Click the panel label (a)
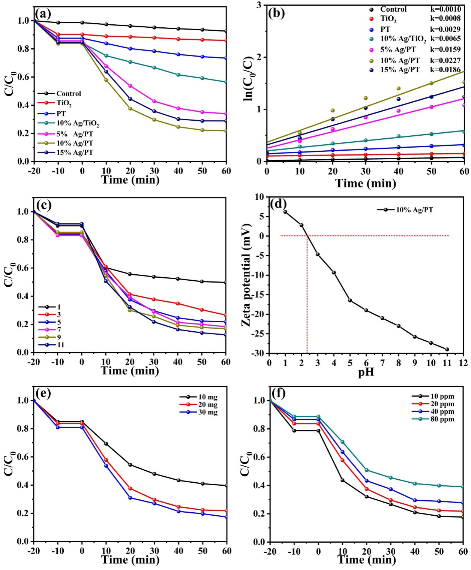click(x=43, y=14)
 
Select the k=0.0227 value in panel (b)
click(x=445, y=60)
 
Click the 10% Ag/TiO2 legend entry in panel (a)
click(x=78, y=123)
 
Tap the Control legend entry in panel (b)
click(x=393, y=9)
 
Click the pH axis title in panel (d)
click(x=366, y=373)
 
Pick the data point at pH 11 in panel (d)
click(x=447, y=349)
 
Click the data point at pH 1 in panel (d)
click(x=285, y=212)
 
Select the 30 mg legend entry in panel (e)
click(x=208, y=412)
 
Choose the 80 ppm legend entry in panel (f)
click(x=442, y=419)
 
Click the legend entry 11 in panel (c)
click(x=60, y=345)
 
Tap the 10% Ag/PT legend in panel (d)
click(x=414, y=210)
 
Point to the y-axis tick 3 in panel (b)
click(x=259, y=5)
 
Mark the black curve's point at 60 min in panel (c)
click(x=225, y=283)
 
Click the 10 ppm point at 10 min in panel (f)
click(x=342, y=480)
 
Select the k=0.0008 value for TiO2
click(x=445, y=18)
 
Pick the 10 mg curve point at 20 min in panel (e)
click(x=130, y=465)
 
